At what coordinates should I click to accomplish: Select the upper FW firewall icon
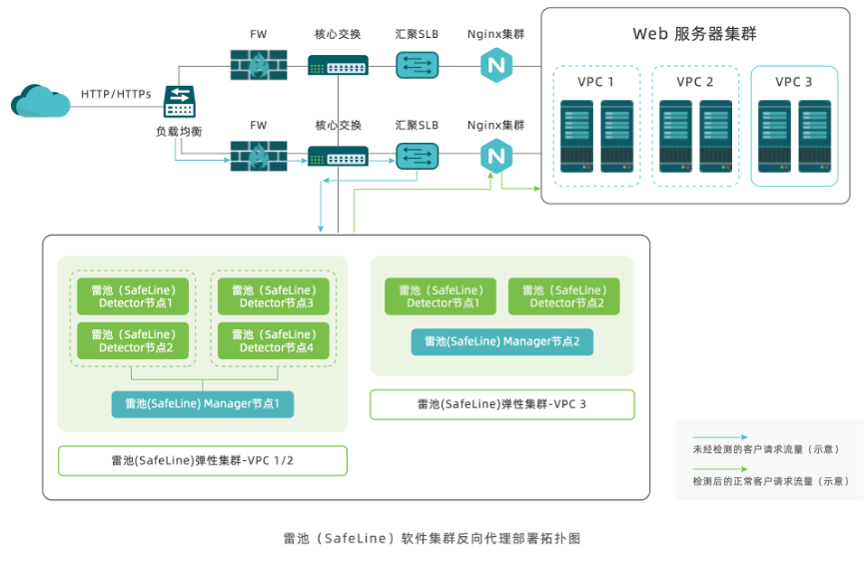tap(258, 66)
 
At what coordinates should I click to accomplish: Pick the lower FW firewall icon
tap(258, 157)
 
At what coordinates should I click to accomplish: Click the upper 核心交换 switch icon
tap(338, 66)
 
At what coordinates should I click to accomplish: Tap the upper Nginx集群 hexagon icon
tap(495, 66)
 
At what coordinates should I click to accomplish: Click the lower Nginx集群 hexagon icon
tap(495, 157)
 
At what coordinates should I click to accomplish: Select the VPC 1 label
tap(596, 82)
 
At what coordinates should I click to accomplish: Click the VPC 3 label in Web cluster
tap(794, 82)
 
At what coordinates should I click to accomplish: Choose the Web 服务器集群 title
tap(694, 34)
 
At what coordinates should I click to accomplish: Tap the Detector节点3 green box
tap(274, 296)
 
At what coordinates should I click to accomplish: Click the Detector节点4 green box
tap(274, 340)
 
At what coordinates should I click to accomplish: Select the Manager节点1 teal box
tap(203, 403)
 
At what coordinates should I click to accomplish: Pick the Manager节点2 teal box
tap(502, 341)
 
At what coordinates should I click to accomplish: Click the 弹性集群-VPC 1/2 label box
tap(203, 460)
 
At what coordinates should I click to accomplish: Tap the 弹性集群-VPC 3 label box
tap(502, 404)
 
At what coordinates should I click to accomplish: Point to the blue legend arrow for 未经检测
tap(719, 437)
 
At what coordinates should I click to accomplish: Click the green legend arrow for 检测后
tap(719, 469)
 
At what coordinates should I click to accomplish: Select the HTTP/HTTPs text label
tap(116, 94)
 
